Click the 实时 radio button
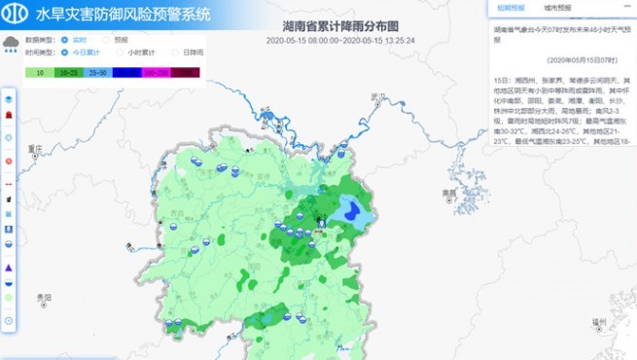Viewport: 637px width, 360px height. (66, 40)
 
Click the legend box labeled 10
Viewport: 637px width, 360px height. (40, 72)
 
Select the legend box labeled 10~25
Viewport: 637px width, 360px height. (69, 72)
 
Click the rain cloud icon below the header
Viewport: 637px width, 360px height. (11, 43)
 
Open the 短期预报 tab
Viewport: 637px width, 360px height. (511, 7)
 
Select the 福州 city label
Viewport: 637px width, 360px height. (593, 319)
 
